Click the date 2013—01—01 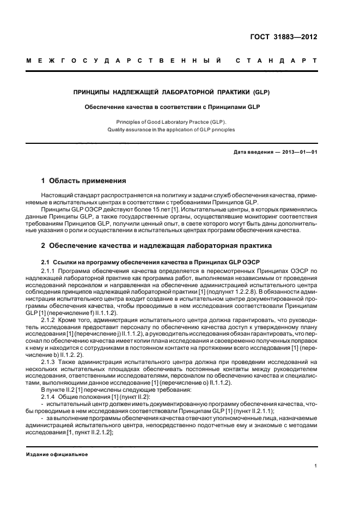pos(298,152)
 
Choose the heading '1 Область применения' pos(84,180)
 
